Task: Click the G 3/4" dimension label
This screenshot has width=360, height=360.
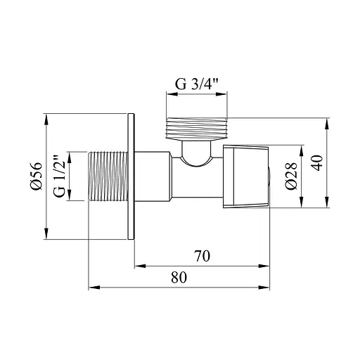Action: point(197,84)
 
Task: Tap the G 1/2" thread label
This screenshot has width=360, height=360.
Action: point(59,176)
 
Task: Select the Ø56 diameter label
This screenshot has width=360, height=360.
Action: point(37,176)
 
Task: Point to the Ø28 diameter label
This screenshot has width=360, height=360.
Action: point(291,176)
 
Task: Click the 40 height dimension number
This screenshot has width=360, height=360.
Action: point(317,162)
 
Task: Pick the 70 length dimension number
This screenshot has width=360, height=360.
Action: point(202,256)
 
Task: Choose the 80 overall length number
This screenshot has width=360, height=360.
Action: point(179,277)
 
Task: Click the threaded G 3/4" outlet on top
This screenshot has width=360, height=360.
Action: point(197,128)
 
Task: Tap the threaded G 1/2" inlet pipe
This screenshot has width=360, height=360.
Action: point(108,176)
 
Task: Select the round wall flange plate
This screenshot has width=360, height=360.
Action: point(131,176)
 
